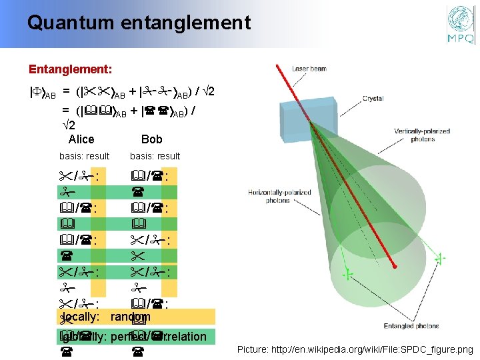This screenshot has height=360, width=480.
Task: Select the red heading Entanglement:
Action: point(70,69)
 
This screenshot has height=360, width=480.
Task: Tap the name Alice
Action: point(81,139)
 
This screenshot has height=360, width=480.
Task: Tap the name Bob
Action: point(152,139)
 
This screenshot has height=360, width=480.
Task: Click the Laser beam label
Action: point(309,69)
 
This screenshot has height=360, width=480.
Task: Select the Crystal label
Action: point(373,98)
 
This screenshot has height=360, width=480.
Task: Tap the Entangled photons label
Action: point(412,326)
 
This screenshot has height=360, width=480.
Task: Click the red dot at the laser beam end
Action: point(395,267)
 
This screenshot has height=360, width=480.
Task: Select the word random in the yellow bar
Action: point(131,317)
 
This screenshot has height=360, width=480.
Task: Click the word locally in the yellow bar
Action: point(80,317)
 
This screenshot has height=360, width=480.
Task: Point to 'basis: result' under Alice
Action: point(85,156)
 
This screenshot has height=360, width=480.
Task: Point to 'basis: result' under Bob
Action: point(155,156)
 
